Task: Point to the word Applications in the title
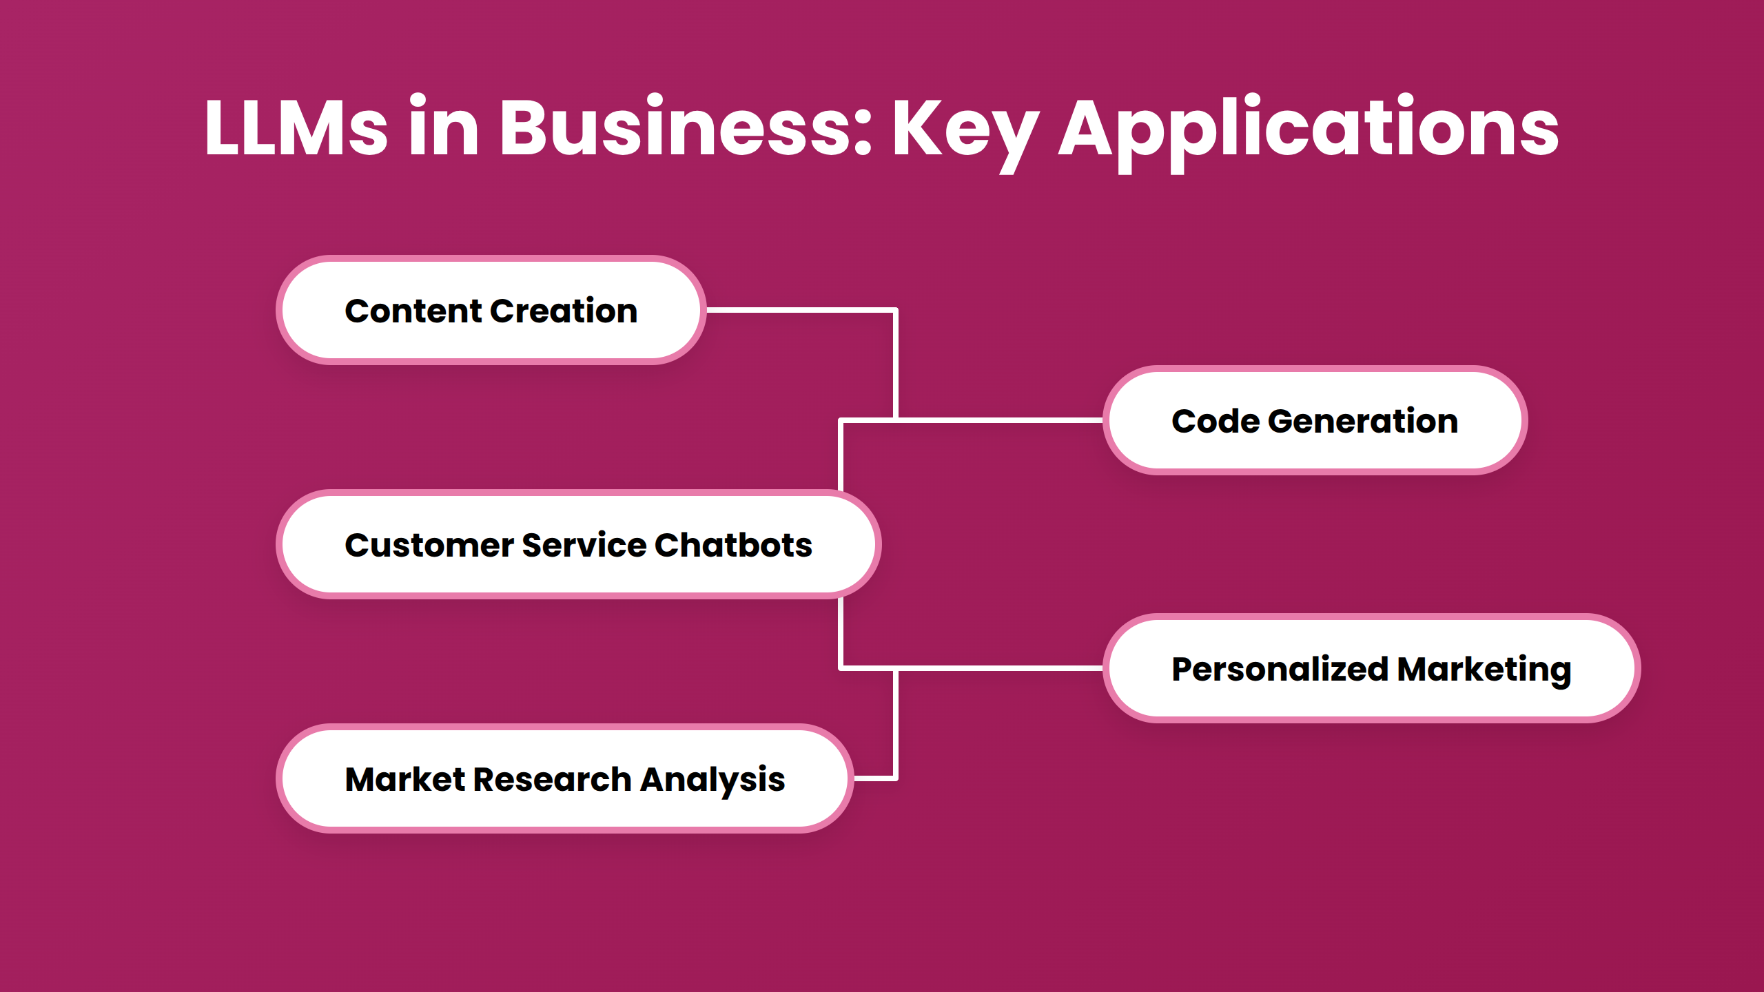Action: (1309, 131)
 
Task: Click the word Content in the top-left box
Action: (413, 311)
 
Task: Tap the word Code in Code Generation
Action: (1215, 421)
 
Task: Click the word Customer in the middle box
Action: (429, 545)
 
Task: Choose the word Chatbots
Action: (733, 545)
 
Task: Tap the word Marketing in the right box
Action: (1484, 670)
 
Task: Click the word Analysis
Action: (712, 781)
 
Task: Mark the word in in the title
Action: (443, 128)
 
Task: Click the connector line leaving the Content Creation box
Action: (799, 311)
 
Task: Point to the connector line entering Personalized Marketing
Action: (999, 668)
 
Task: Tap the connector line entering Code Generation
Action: (999, 420)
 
